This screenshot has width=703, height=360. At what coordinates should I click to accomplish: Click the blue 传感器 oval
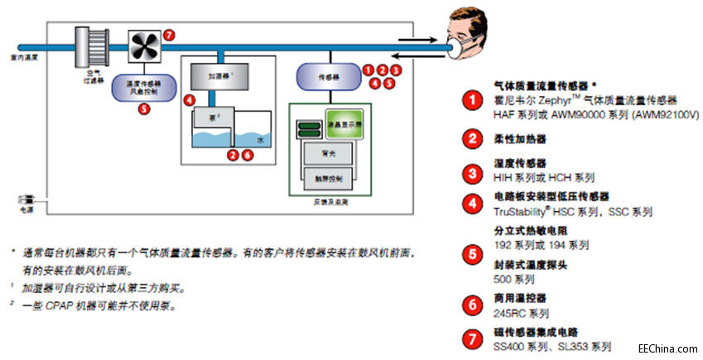point(325,77)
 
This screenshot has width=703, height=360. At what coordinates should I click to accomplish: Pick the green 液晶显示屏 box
point(344,123)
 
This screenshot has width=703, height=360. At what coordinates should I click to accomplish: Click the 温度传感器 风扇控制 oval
point(143,88)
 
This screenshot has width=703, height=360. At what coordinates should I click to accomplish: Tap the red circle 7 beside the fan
point(170,36)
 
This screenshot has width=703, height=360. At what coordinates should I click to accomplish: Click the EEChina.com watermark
point(664,348)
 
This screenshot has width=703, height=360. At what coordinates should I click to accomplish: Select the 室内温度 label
point(26,58)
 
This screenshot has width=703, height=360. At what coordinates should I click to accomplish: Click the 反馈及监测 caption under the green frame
point(325,201)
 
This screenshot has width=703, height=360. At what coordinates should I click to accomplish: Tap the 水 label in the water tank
point(260,141)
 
